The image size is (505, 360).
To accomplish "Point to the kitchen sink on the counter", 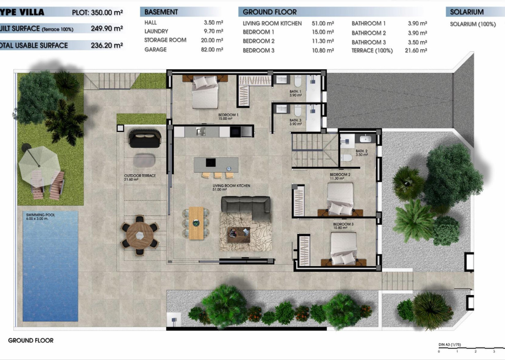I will tap(201, 132).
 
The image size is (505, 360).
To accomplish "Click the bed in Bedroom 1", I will tap(205, 93).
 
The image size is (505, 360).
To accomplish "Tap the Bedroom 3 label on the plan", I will tap(343, 224).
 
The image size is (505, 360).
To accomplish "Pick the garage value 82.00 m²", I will tap(213, 50).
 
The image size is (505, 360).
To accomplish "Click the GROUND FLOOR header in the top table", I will tap(269, 12).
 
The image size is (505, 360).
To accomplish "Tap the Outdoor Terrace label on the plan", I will tap(139, 176).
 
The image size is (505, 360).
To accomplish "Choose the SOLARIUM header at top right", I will tap(467, 12).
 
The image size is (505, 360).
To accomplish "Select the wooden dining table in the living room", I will tap(196, 223).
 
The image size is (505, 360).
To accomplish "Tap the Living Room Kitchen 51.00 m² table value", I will tap(323, 24).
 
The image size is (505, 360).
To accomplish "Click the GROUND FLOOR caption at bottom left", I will tap(31, 341).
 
